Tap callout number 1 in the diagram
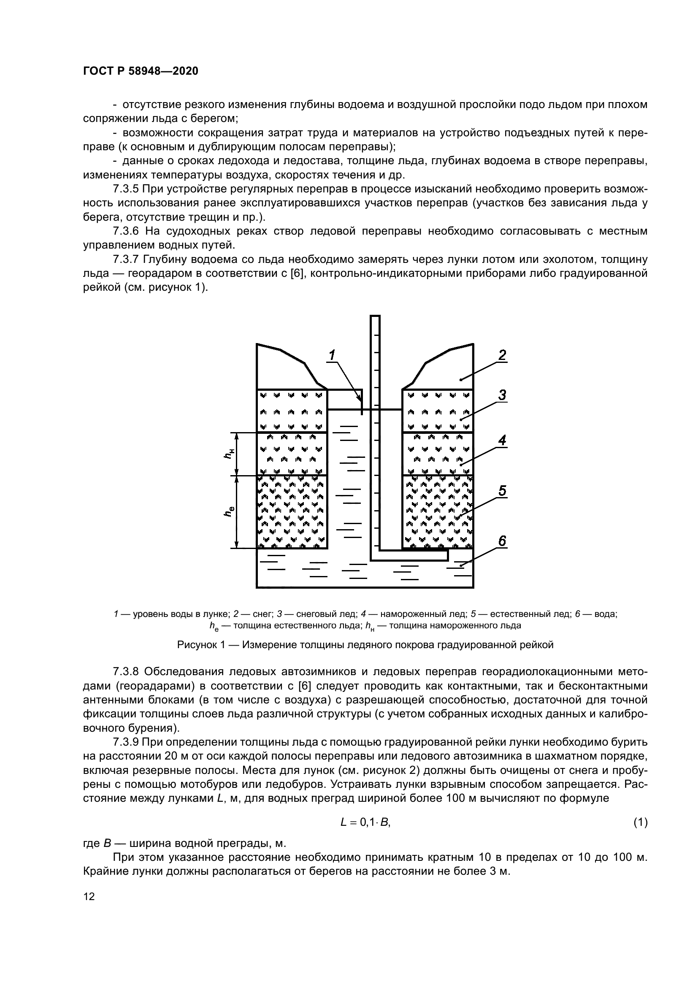(x=332, y=355)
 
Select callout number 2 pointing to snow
(x=502, y=355)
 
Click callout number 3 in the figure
(x=502, y=395)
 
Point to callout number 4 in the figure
(x=502, y=440)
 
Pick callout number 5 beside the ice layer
(x=502, y=490)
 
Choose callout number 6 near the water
(x=502, y=541)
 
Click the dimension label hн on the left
(x=230, y=454)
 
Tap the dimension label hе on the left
(x=230, y=511)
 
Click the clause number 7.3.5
(x=127, y=189)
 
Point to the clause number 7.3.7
(x=127, y=260)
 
